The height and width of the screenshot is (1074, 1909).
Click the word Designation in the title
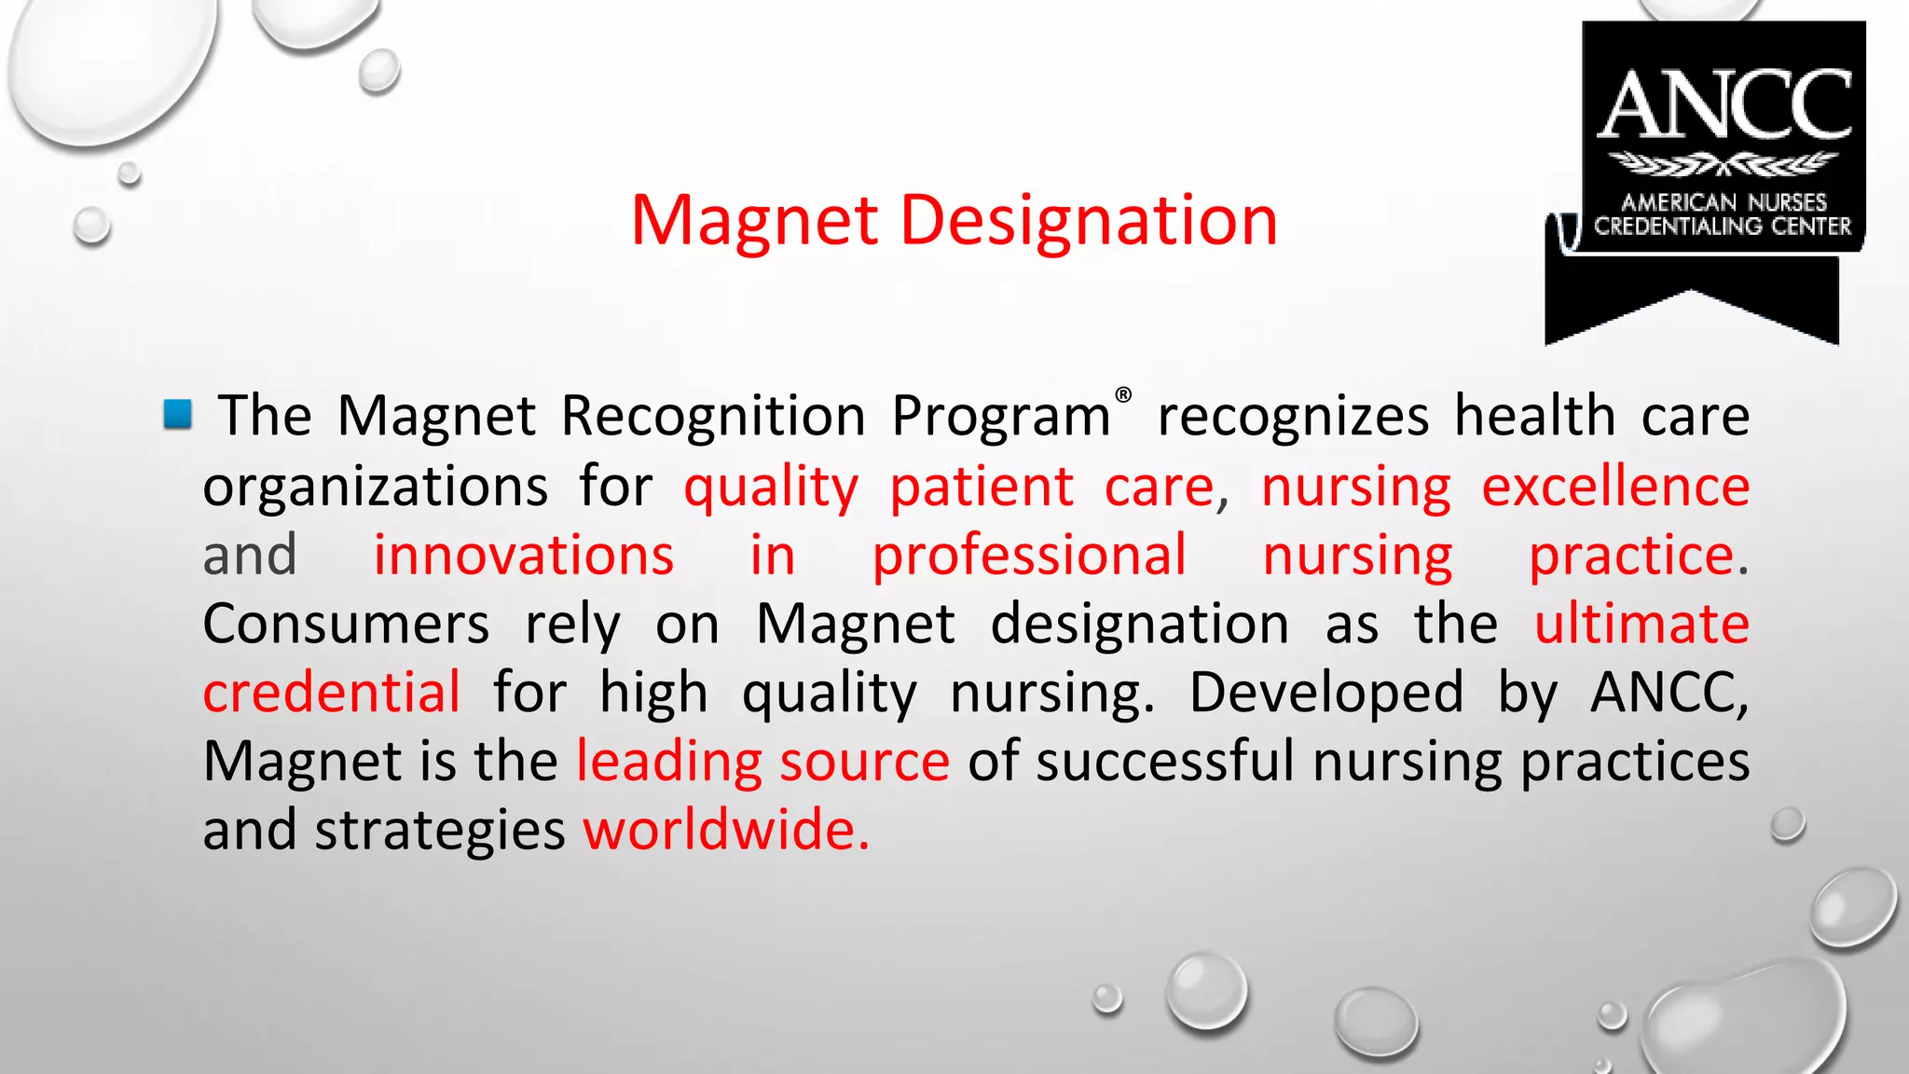pyautogui.click(x=1088, y=222)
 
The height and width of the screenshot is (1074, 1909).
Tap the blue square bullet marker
pyautogui.click(x=177, y=413)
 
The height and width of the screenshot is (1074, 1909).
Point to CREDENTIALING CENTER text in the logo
pyautogui.click(x=1722, y=227)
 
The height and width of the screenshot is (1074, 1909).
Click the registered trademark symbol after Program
pyautogui.click(x=1123, y=394)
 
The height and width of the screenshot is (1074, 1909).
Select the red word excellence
pyautogui.click(x=1615, y=487)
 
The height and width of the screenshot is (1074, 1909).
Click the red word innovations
pyautogui.click(x=523, y=556)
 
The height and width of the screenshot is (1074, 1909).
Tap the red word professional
pyautogui.click(x=1029, y=556)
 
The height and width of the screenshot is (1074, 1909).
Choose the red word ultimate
pyautogui.click(x=1641, y=624)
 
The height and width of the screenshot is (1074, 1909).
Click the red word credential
pyautogui.click(x=332, y=693)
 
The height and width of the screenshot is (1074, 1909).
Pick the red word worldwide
pyautogui.click(x=725, y=830)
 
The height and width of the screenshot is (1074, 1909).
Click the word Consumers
pyautogui.click(x=346, y=624)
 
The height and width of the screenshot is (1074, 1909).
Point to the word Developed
pyautogui.click(x=1325, y=693)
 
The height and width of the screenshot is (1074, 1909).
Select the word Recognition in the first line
pyautogui.click(x=713, y=416)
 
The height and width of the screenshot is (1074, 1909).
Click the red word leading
pyautogui.click(x=668, y=762)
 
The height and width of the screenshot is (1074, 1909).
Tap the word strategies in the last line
pyautogui.click(x=439, y=830)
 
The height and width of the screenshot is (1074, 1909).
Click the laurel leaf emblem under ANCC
pyautogui.click(x=1723, y=164)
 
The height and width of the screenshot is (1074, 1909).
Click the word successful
pyautogui.click(x=1165, y=762)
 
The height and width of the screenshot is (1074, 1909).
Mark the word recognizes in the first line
pyautogui.click(x=1293, y=416)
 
